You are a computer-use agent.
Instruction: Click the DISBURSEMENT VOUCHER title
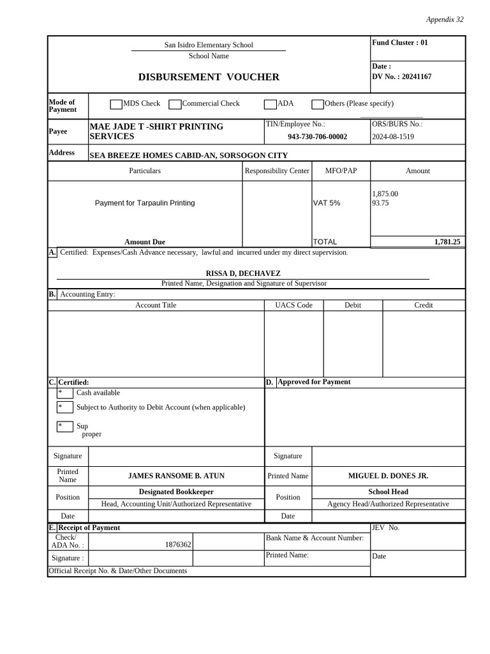tap(209, 77)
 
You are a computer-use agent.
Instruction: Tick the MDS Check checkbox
tap(116, 104)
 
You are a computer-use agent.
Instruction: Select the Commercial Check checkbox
tap(174, 104)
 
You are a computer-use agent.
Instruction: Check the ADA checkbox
tap(271, 104)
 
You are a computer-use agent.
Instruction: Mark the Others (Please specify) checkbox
tap(317, 104)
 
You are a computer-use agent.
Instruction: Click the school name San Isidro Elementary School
tap(209, 45)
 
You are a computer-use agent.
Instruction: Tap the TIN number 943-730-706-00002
tap(317, 137)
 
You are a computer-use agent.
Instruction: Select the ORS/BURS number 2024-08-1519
tap(392, 137)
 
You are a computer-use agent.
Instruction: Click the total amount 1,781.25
tap(447, 242)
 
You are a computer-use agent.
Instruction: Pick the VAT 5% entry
tap(326, 203)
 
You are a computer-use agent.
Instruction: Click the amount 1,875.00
tap(385, 194)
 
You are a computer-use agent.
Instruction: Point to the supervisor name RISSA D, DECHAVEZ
tap(242, 273)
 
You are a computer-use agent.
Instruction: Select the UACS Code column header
tap(293, 305)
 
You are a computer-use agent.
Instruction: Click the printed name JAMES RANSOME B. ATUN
tap(176, 476)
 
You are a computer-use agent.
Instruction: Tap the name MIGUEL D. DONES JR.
tap(388, 476)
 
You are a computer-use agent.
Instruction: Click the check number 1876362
tap(178, 545)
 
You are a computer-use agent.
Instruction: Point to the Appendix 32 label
tap(445, 20)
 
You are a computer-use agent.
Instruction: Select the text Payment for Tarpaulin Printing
tap(145, 203)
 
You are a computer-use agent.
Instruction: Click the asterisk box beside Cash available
tap(64, 393)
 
